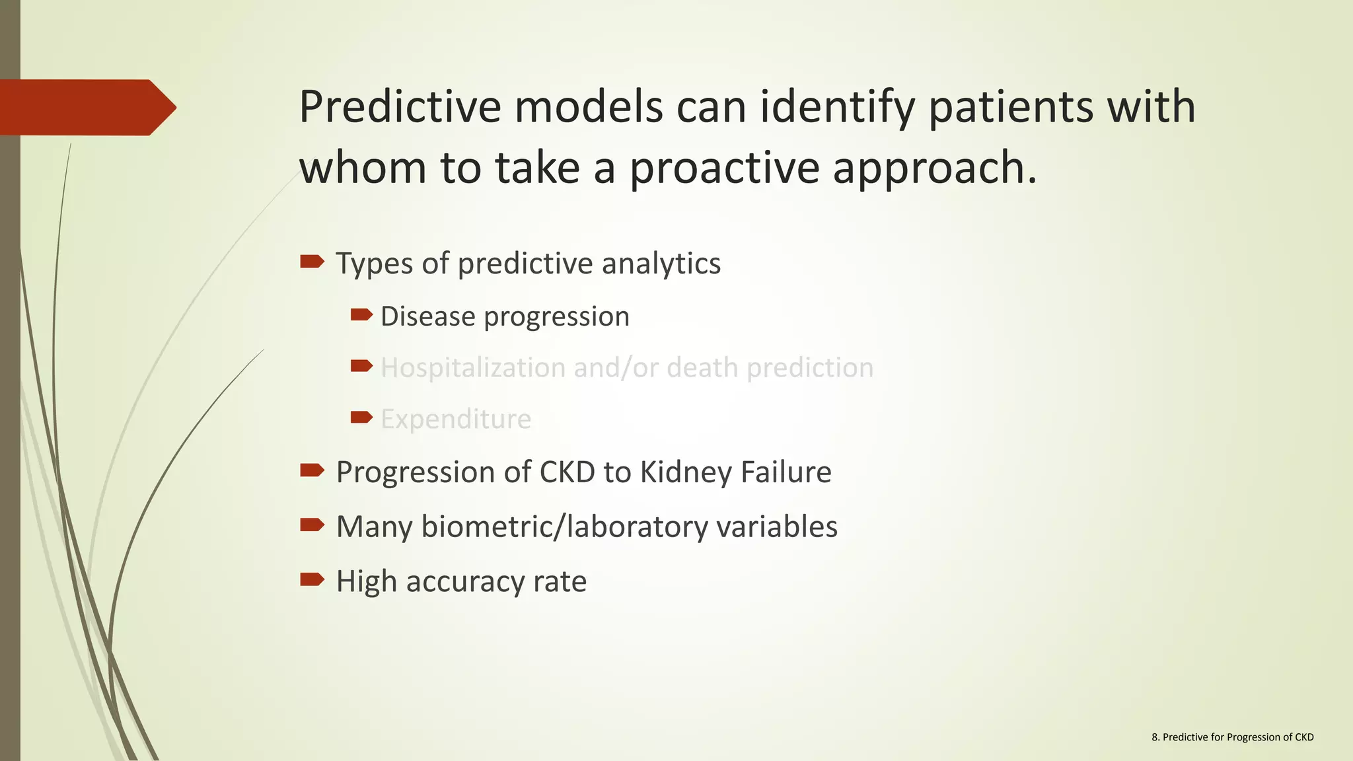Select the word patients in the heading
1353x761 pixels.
pyautogui.click(x=1011, y=107)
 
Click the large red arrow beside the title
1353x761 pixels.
pyautogui.click(x=86, y=108)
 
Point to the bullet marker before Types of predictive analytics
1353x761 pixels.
pyautogui.click(x=312, y=262)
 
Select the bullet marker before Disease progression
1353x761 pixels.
pyautogui.click(x=361, y=315)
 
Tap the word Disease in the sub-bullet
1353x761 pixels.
pyautogui.click(x=427, y=316)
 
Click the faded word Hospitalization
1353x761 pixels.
pyautogui.click(x=472, y=368)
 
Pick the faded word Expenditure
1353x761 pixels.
pyautogui.click(x=456, y=419)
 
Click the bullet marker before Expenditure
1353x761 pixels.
pyautogui.click(x=361, y=417)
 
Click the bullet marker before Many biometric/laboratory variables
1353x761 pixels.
pyautogui.click(x=312, y=525)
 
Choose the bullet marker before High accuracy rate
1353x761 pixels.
pyautogui.click(x=312, y=580)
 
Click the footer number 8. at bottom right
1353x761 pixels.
pyautogui.click(x=1155, y=737)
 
